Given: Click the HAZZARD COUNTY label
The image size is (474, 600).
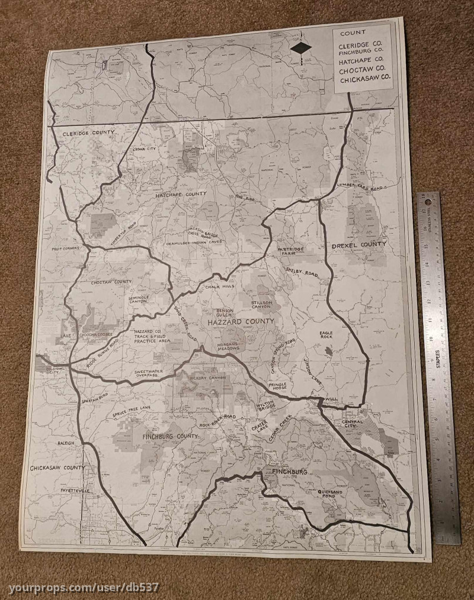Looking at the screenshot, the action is (x=241, y=321).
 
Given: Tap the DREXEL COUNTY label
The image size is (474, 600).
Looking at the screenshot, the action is (x=358, y=244).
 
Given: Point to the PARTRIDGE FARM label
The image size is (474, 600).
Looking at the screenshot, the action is (x=290, y=251).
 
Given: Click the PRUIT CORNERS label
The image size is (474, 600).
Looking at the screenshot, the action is (x=66, y=249).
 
